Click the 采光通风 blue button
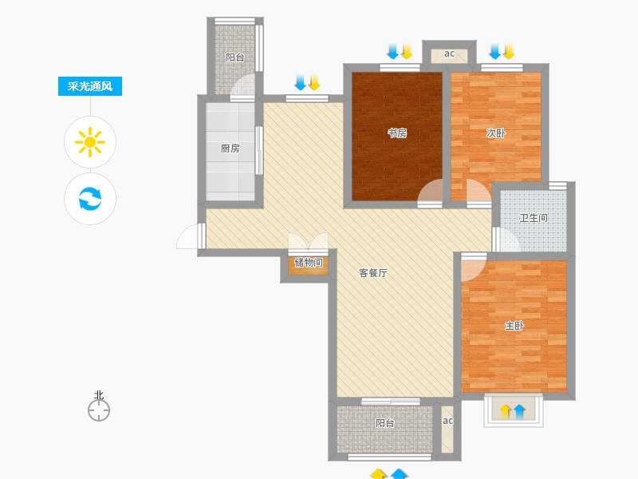click(x=90, y=86)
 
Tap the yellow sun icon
click(x=90, y=142)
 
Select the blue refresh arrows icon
click(x=90, y=198)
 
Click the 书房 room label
click(x=397, y=133)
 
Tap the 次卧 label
click(x=495, y=133)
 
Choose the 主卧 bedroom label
click(x=514, y=326)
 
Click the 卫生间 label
click(x=534, y=218)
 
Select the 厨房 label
click(x=230, y=148)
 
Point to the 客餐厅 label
click(x=373, y=273)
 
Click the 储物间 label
click(x=309, y=263)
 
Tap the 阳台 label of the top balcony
click(x=235, y=57)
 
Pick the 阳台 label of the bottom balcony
click(x=385, y=423)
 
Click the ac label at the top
click(x=449, y=53)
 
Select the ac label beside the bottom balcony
click(x=447, y=421)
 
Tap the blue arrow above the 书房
click(x=393, y=51)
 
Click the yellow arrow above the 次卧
click(x=509, y=51)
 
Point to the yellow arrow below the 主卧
click(x=506, y=411)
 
